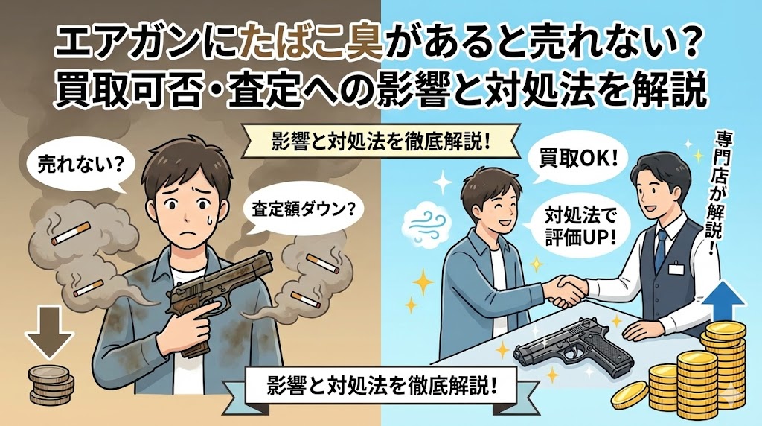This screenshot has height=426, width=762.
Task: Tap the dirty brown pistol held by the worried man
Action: click(x=219, y=296)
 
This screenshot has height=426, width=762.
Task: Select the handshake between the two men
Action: click(x=566, y=290)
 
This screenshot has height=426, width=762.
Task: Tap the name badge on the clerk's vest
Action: click(x=676, y=268)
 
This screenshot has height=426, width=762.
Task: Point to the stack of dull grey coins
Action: click(x=51, y=385)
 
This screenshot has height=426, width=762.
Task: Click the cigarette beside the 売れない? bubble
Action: click(x=71, y=233)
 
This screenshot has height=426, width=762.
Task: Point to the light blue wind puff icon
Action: click(x=423, y=222)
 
